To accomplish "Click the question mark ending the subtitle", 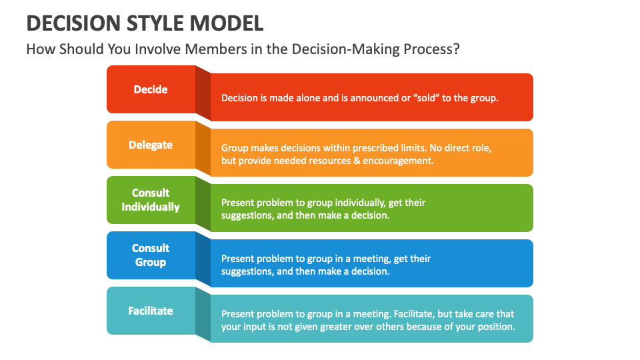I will (455, 50).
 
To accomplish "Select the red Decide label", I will (151, 89).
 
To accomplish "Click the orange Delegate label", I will (151, 145).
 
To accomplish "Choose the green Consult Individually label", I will (151, 200).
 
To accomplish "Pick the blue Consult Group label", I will (151, 255).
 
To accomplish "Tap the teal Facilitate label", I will (151, 311).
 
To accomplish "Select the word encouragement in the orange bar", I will (397, 161).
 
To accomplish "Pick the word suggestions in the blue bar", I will (246, 271).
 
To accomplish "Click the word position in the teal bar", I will (497, 327).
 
